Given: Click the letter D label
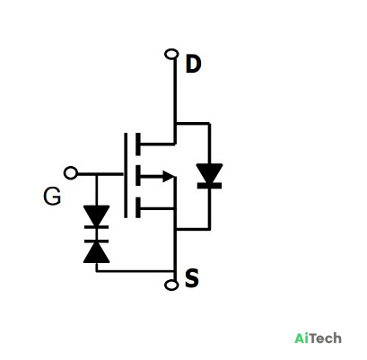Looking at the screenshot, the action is point(193,64).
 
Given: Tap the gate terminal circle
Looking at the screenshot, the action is point(71,173).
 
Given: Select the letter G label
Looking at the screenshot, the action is point(52,197).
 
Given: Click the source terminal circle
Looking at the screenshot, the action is point(171,285).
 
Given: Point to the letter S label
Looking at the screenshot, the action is point(192,278).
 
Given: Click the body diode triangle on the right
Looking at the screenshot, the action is point(209,173).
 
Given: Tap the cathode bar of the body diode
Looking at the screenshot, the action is point(209,186).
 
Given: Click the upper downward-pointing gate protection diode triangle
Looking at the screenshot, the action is point(96,215).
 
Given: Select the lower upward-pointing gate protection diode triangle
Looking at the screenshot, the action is point(96,252).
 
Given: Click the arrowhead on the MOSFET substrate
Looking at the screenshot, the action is point(169,176).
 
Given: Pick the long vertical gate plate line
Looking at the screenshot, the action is point(126,175).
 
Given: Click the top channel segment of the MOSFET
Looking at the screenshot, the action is point(138,145).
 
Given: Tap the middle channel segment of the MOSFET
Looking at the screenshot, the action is point(138,175).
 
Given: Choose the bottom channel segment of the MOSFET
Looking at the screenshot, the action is point(138,207).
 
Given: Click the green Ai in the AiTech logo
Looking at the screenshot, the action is point(301,338).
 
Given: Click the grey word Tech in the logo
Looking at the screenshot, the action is point(325,338).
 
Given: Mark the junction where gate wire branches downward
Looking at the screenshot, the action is point(96,173).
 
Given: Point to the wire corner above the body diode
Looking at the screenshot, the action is point(210,123).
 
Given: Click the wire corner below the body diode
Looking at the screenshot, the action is point(210,229).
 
